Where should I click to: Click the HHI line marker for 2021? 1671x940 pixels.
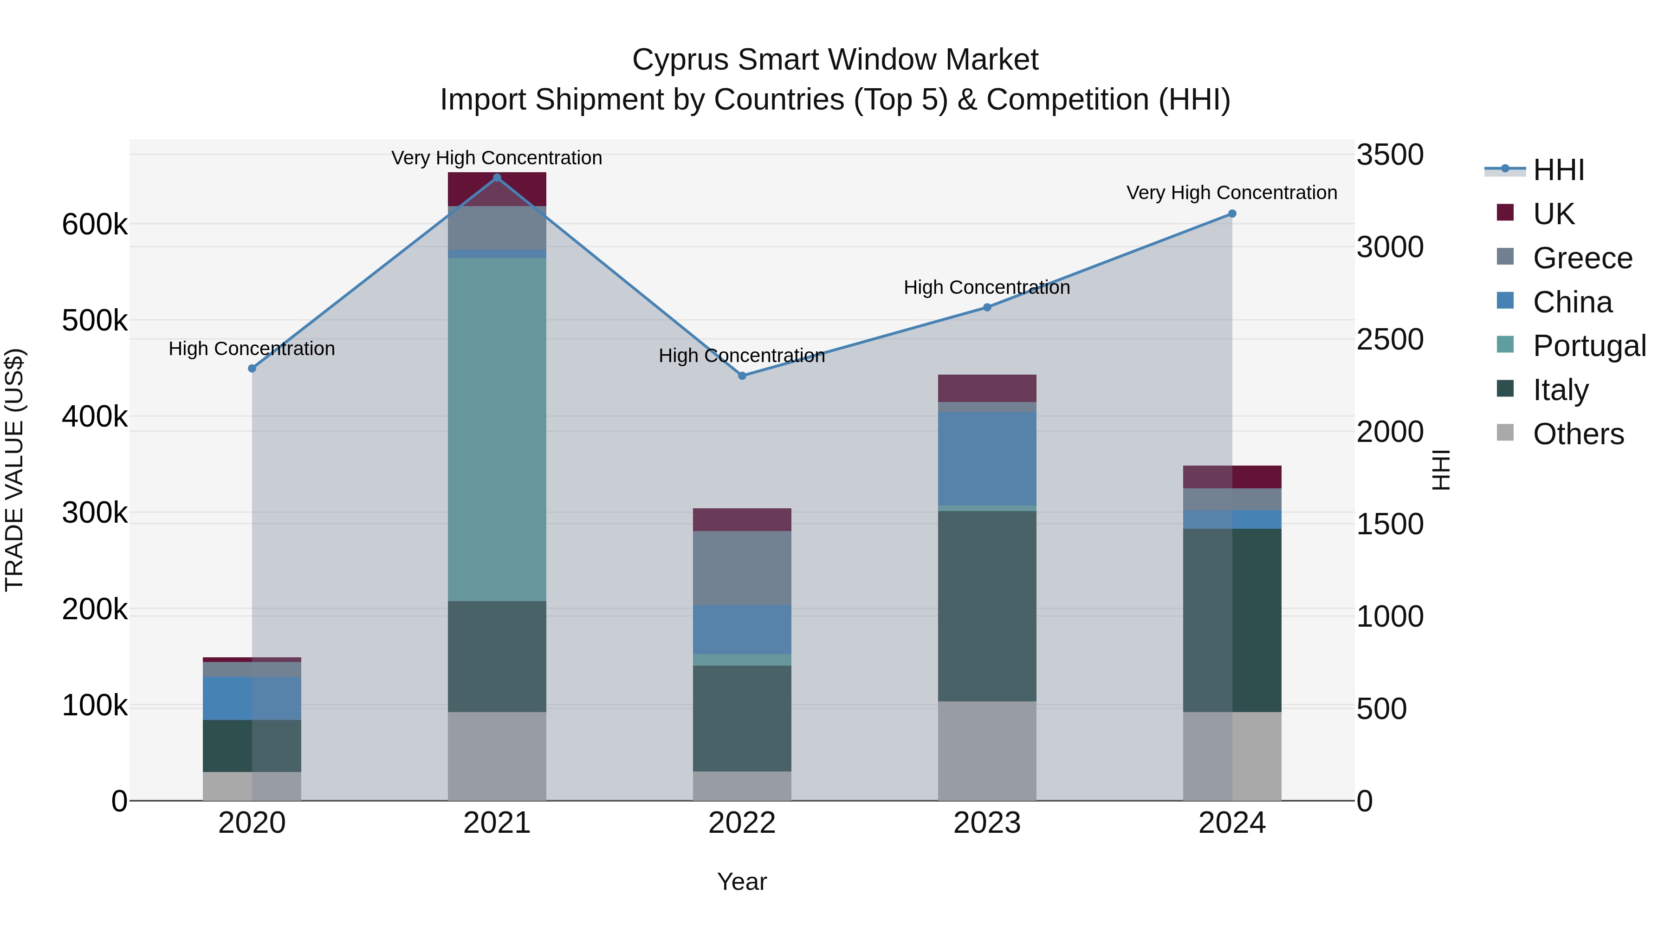pyautogui.click(x=497, y=178)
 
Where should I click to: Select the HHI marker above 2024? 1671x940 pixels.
pyautogui.click(x=1232, y=214)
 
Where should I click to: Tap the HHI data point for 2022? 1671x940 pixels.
pyautogui.click(x=742, y=376)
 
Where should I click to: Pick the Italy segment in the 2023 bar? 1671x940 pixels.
pyautogui.click(x=987, y=605)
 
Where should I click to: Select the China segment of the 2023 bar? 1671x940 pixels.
pyautogui.click(x=987, y=458)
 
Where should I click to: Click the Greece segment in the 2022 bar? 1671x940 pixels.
pyautogui.click(x=742, y=568)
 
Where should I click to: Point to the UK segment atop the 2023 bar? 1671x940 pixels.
pyautogui.click(x=987, y=388)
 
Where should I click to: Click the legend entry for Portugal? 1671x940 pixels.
pyautogui.click(x=1589, y=346)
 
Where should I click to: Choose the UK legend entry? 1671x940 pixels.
pyautogui.click(x=1553, y=214)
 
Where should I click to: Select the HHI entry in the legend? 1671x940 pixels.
pyautogui.click(x=1558, y=170)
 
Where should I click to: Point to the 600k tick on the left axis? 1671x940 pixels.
pyautogui.click(x=95, y=225)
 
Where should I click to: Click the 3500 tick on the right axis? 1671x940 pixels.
pyautogui.click(x=1389, y=155)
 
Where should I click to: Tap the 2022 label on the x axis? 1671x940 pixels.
pyautogui.click(x=742, y=823)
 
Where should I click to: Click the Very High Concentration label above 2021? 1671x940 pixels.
pyautogui.click(x=497, y=158)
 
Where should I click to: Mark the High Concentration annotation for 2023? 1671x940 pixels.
pyautogui.click(x=987, y=287)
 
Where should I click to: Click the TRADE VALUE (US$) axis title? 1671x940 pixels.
pyautogui.click(x=14, y=470)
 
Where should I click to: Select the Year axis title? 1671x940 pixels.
pyautogui.click(x=742, y=882)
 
